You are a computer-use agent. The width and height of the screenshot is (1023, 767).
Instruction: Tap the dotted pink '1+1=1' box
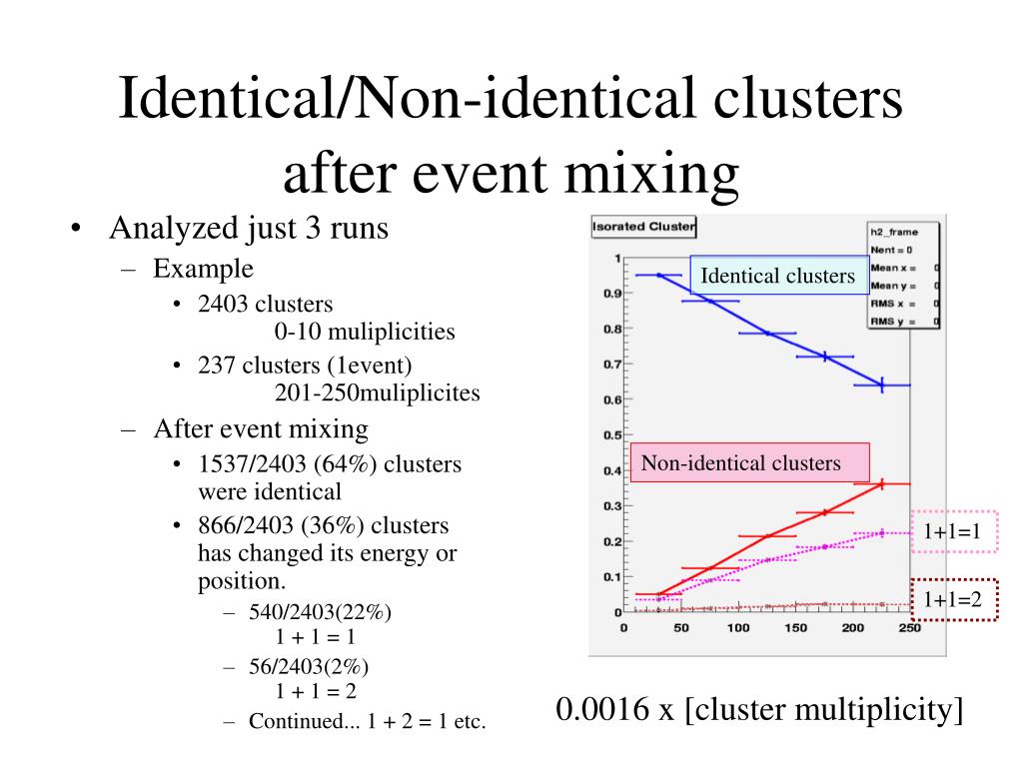[x=953, y=533]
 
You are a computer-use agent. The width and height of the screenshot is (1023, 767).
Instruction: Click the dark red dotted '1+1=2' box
[x=953, y=599]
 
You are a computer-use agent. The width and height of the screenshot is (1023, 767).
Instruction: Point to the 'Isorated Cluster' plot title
[x=643, y=227]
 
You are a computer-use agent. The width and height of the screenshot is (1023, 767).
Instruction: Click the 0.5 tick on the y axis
[x=608, y=435]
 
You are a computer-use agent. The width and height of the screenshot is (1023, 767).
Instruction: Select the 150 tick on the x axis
[x=795, y=628]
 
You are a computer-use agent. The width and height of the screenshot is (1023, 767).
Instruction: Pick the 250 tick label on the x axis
[x=909, y=628]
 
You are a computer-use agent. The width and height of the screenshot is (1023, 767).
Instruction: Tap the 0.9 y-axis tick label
[x=608, y=294]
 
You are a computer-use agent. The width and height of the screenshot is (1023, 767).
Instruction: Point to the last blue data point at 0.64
[x=882, y=384]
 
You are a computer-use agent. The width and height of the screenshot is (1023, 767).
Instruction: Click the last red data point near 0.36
[x=882, y=484]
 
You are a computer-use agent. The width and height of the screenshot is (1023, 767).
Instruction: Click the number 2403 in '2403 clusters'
[x=223, y=305]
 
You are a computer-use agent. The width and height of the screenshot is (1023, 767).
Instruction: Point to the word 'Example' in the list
[x=203, y=269]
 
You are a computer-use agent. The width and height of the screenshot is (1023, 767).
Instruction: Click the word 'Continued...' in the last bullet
[x=295, y=721]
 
